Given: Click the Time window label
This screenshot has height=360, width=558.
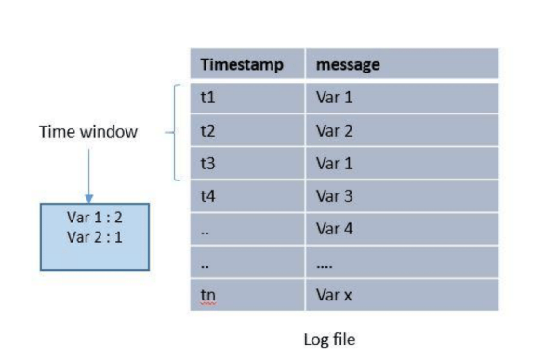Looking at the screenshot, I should click(88, 132).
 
